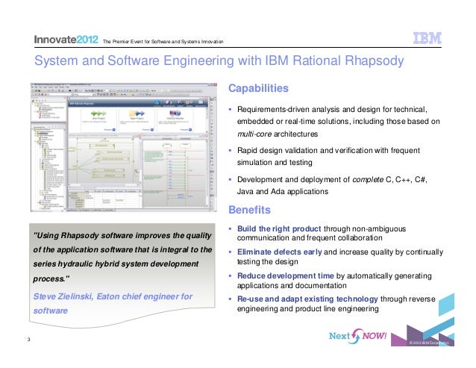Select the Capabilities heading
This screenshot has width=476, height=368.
[258, 89]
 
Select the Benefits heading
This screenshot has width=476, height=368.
[249, 209]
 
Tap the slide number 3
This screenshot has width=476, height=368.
[27, 342]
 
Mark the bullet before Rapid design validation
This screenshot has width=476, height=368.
[231, 151]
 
